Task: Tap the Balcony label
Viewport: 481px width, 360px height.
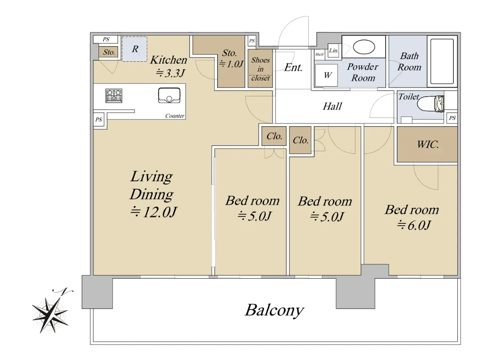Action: (274, 310)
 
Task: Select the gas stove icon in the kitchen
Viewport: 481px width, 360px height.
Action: (114, 95)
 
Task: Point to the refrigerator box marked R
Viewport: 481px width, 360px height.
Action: (135, 49)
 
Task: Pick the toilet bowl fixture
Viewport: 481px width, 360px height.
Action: (430, 105)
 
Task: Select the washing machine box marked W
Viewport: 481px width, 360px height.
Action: (328, 75)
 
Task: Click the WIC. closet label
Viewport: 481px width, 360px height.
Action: (428, 145)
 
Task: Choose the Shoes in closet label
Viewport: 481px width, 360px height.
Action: (261, 69)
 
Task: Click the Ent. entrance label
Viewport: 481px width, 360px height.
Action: (293, 67)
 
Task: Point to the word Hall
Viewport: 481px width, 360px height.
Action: (332, 106)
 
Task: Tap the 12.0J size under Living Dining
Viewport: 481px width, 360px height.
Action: (154, 212)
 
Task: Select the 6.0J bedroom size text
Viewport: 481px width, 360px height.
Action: (413, 226)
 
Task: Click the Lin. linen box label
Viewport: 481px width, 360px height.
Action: (333, 51)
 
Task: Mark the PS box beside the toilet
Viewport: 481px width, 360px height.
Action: (452, 118)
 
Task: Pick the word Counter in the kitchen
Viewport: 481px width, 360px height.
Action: (175, 116)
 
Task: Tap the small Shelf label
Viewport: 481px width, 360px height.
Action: (319, 54)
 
